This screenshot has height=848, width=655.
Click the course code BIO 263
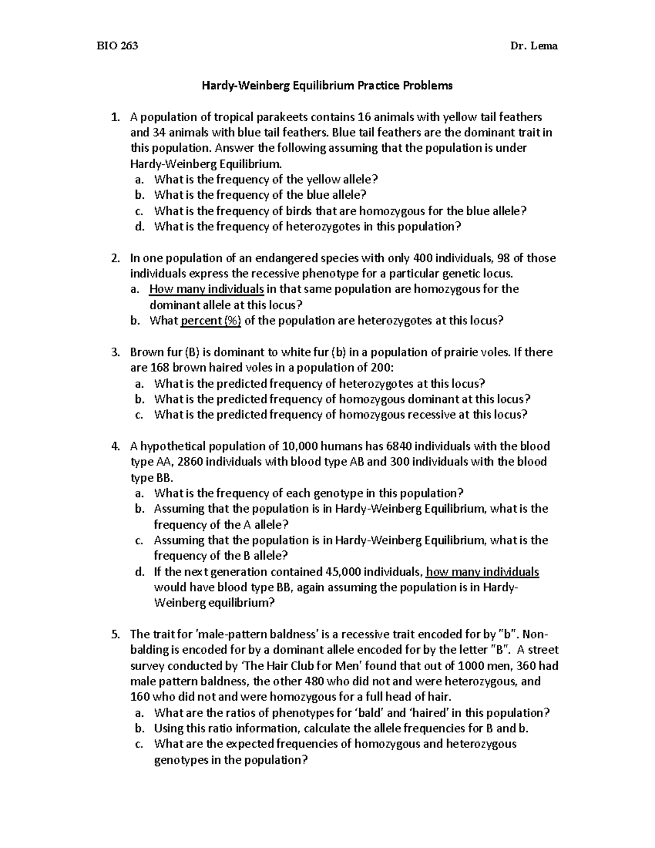(x=117, y=46)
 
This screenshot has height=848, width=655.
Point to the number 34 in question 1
(x=159, y=133)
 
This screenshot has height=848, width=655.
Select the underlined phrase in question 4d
(x=482, y=572)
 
